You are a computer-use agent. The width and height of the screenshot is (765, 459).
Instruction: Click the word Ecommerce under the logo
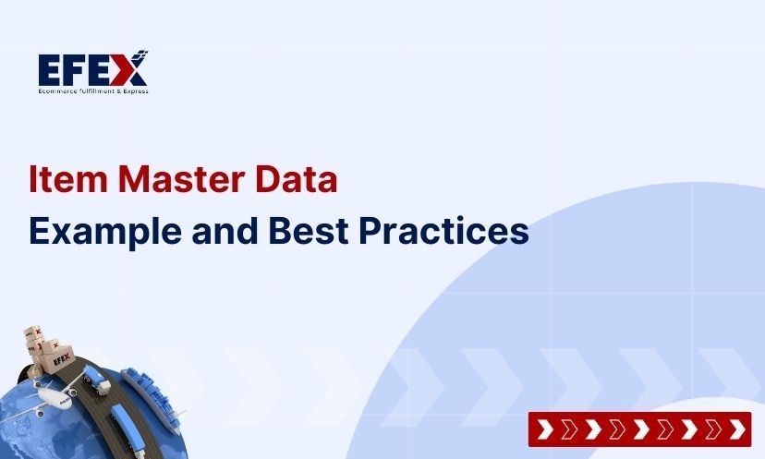[56, 91]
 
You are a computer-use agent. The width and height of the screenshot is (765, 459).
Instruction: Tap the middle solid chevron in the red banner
[641, 429]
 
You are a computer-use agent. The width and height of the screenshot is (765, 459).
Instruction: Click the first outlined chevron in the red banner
[570, 429]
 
